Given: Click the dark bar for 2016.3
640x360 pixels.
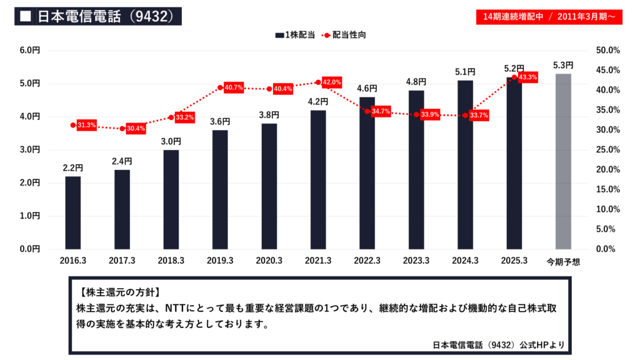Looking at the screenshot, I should [72, 212].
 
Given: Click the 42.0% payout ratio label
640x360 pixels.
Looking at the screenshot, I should [332, 82].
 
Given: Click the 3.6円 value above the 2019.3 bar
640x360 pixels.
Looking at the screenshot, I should [220, 122].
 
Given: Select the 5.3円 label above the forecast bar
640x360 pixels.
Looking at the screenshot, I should [563, 65].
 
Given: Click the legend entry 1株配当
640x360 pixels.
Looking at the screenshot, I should [294, 35].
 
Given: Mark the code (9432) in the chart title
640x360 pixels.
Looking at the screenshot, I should [145, 16].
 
